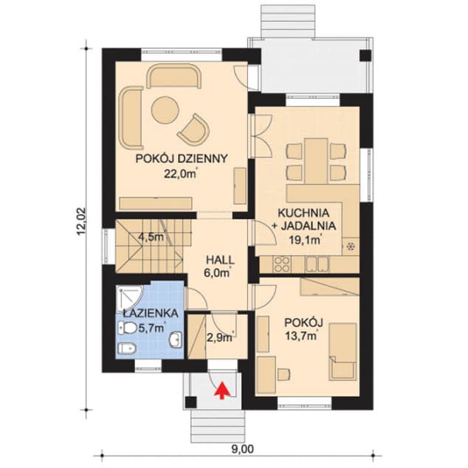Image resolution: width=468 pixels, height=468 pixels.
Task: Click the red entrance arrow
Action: point(221,390)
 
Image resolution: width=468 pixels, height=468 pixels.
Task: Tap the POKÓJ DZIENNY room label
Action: point(182,159)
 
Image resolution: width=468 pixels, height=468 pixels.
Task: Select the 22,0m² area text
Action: point(181,173)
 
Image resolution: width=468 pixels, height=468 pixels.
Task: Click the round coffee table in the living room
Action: point(165,110)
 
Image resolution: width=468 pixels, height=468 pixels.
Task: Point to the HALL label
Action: point(220,260)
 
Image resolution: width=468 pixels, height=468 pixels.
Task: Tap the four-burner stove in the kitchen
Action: point(282,264)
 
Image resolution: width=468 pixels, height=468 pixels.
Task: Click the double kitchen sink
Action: point(317,264)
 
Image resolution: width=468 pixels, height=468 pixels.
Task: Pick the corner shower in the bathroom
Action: point(129,298)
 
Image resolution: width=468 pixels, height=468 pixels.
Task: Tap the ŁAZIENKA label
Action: point(151,314)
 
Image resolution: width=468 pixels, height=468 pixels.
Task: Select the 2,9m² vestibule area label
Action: point(220,337)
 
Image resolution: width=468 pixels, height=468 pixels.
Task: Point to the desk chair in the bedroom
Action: point(283,374)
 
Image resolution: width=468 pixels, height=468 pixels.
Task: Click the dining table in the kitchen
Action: point(317,160)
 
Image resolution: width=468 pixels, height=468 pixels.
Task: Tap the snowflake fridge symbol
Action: point(351,247)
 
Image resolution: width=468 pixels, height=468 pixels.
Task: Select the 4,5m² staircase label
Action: point(151,237)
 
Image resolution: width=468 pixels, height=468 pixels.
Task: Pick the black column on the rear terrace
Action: point(365,55)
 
